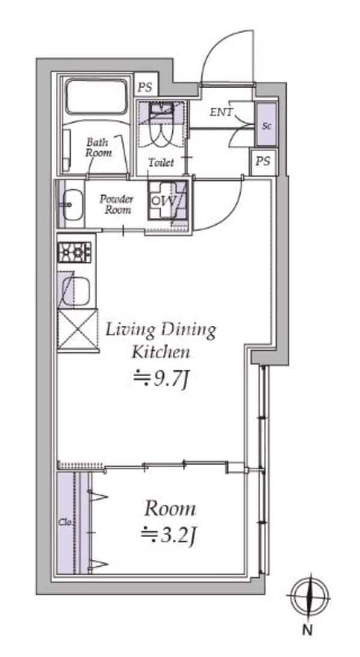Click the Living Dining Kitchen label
tap(161, 341)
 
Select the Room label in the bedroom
tap(170, 509)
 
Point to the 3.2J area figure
tap(167, 535)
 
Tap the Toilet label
tap(161, 163)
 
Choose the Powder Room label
tap(116, 204)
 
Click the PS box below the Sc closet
tap(263, 161)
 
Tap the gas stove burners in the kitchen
tap(74, 252)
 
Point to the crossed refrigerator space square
tap(77, 329)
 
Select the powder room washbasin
tap(73, 204)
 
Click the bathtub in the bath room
tap(96, 97)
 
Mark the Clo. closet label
tap(64, 523)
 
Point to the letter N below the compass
tap(308, 630)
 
